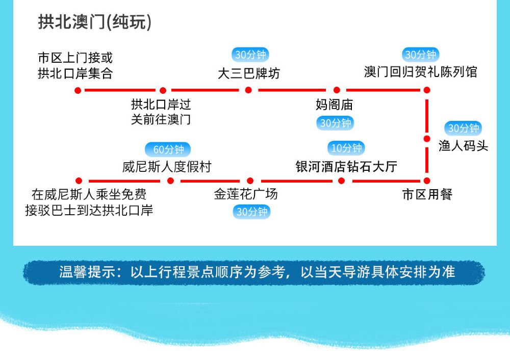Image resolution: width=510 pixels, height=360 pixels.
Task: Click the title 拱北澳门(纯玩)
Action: tap(95, 22)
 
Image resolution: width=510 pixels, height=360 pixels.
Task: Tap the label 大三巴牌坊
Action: tap(249, 73)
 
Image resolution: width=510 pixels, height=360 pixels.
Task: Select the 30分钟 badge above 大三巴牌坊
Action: tap(250, 55)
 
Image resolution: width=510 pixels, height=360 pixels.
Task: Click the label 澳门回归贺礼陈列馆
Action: tap(421, 71)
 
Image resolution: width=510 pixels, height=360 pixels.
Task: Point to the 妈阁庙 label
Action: tap(335, 105)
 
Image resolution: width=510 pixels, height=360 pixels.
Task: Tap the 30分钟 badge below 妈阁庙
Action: tap(336, 123)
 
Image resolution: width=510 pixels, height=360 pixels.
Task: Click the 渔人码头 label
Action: tap(463, 146)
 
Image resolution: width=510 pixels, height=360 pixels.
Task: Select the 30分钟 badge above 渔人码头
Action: tap(463, 128)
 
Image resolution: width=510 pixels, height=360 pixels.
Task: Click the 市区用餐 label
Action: tap(427, 194)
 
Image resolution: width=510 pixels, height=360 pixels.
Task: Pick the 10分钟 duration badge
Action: tap(346, 148)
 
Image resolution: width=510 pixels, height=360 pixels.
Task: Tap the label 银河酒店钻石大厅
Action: tap(346, 167)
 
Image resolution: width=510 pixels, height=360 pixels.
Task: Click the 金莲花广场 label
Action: tap(246, 194)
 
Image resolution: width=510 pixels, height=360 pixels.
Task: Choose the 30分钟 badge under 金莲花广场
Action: tap(251, 212)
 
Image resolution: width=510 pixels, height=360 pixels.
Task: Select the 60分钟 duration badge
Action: tap(168, 149)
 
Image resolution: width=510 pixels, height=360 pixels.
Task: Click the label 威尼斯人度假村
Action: tap(167, 167)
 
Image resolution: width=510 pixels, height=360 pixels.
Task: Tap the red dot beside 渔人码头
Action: tap(427, 139)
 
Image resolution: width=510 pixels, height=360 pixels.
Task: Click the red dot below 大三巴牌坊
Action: tap(248, 90)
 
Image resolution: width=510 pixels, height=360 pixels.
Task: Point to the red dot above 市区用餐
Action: tap(427, 181)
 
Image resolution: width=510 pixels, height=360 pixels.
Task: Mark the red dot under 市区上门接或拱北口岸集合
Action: tap(78, 90)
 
